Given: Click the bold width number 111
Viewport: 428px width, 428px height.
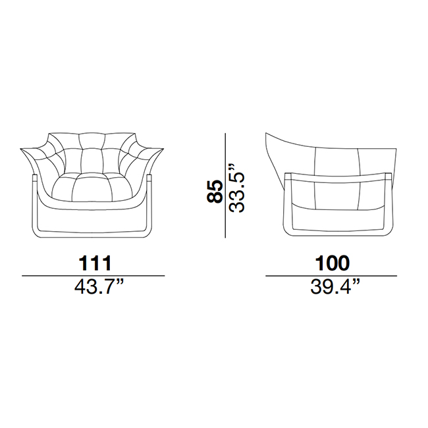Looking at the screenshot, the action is pos(95,263).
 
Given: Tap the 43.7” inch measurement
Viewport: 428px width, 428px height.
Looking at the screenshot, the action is pos(99,286).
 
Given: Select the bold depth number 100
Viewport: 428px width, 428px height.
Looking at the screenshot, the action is pos(332,263).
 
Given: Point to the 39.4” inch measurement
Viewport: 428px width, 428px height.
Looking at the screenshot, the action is pos(335,286).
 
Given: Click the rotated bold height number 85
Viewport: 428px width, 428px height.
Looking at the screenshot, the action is pos(215,191).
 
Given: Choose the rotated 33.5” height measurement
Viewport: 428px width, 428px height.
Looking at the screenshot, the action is pos(236,188).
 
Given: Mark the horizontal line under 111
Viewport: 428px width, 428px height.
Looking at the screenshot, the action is pos(94,276).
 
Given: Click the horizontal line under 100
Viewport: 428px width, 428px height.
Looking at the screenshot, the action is pos(331,276).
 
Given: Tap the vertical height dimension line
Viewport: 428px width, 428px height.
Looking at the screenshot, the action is pos(225,185).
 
